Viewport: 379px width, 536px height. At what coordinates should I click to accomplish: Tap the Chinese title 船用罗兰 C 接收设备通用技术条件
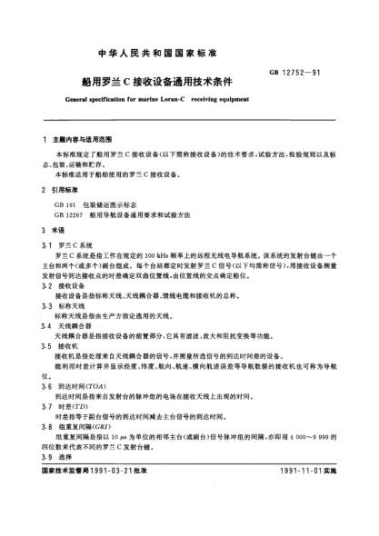pos(186,59)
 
